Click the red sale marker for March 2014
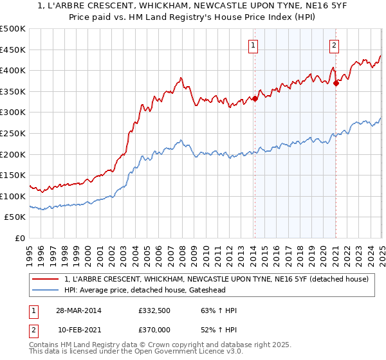[255, 98]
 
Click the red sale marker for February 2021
[336, 83]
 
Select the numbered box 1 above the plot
[253, 45]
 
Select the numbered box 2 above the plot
[335, 45]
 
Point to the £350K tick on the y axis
[14, 92]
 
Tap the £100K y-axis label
[14, 196]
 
